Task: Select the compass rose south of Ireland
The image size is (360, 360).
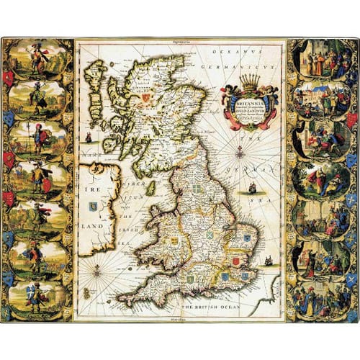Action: click(x=96, y=271)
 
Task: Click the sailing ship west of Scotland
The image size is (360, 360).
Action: click(x=87, y=136)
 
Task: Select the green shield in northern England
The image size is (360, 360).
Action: click(x=197, y=188)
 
